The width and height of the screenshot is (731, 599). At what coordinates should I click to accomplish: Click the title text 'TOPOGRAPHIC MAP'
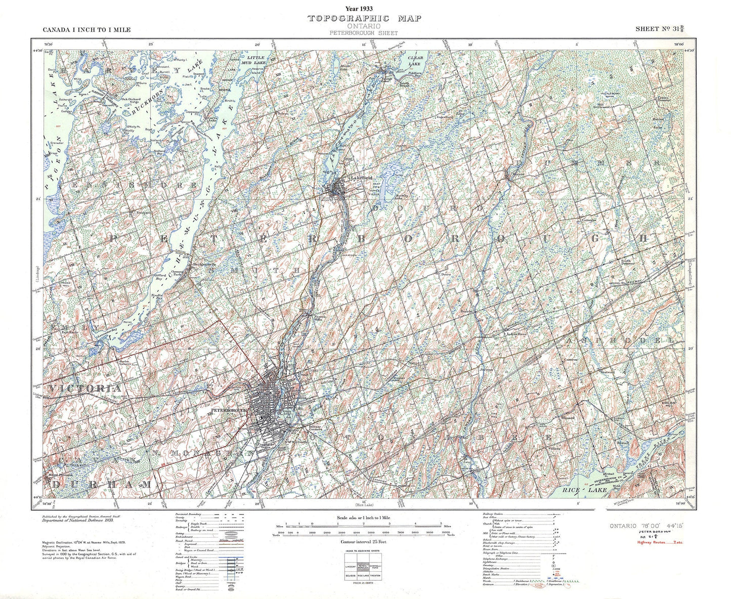coord(364,19)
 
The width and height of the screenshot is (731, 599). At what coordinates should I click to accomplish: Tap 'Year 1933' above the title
coord(364,9)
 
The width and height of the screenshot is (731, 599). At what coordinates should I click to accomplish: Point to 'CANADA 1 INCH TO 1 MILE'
coord(87,30)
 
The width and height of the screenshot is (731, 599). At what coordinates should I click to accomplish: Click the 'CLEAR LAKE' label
coord(414,61)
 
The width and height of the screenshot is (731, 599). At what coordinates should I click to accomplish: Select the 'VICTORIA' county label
coord(85,388)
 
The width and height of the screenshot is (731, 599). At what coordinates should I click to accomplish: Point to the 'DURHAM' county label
coord(101,485)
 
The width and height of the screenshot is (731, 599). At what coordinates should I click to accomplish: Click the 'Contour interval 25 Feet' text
coord(364,542)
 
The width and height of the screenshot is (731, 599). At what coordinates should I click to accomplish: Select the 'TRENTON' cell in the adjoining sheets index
coord(376,576)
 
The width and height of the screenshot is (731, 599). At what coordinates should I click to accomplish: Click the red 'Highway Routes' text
coord(655,542)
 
